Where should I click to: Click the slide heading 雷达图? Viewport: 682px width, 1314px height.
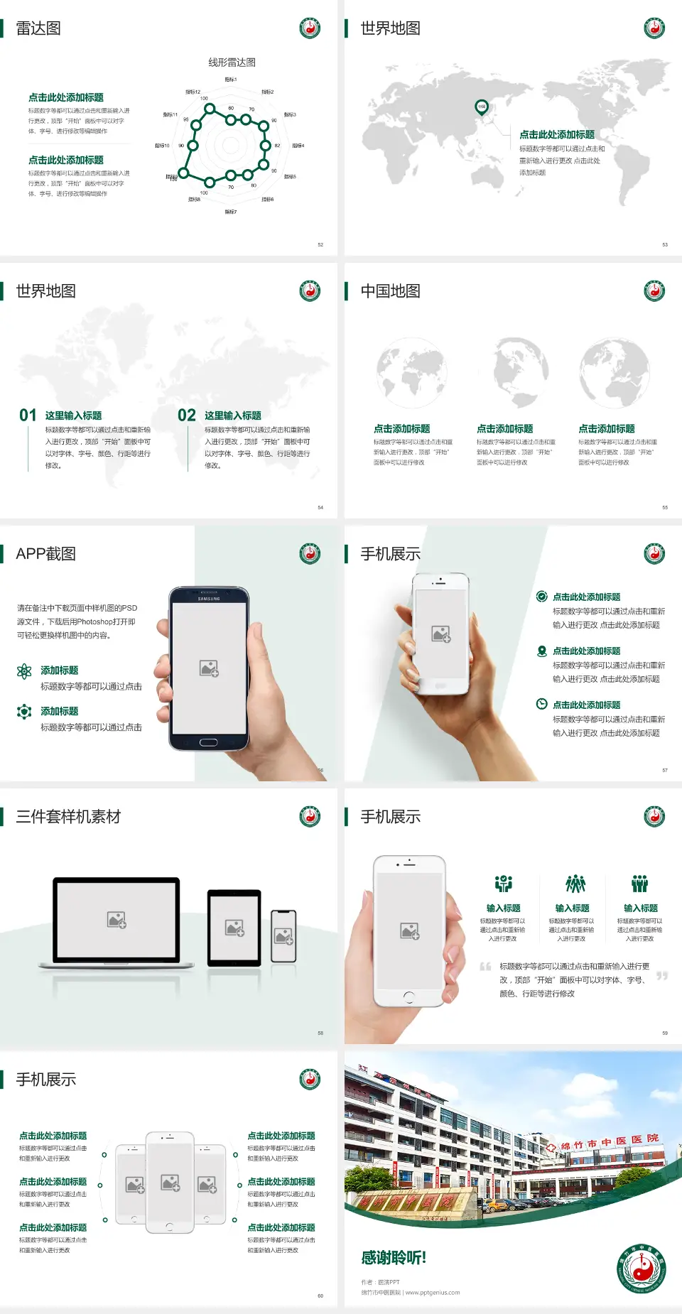point(38,28)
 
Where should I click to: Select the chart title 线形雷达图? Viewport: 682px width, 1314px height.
point(232,63)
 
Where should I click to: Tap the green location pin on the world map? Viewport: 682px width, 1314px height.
point(482,107)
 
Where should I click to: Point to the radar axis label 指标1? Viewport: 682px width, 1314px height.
point(231,80)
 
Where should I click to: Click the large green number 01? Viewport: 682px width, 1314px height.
point(28,416)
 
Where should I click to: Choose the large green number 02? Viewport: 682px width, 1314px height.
point(187,416)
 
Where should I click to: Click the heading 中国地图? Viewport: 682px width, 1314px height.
point(390,291)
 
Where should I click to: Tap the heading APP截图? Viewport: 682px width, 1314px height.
point(45,554)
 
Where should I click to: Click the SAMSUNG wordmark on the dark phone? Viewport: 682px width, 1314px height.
point(209,599)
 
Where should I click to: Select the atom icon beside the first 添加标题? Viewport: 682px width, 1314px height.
point(24,671)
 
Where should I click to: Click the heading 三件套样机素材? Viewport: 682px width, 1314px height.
point(68,817)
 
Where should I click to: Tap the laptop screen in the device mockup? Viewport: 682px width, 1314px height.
point(117,920)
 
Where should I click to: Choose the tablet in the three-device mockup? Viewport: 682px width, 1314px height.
point(234,927)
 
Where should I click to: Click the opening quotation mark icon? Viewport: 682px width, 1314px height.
point(485,967)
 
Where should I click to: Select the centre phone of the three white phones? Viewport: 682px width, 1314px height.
point(170,1182)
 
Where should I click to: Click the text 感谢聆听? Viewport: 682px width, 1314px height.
point(394,1258)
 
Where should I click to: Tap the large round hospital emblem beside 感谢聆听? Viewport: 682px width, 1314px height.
point(642,1269)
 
